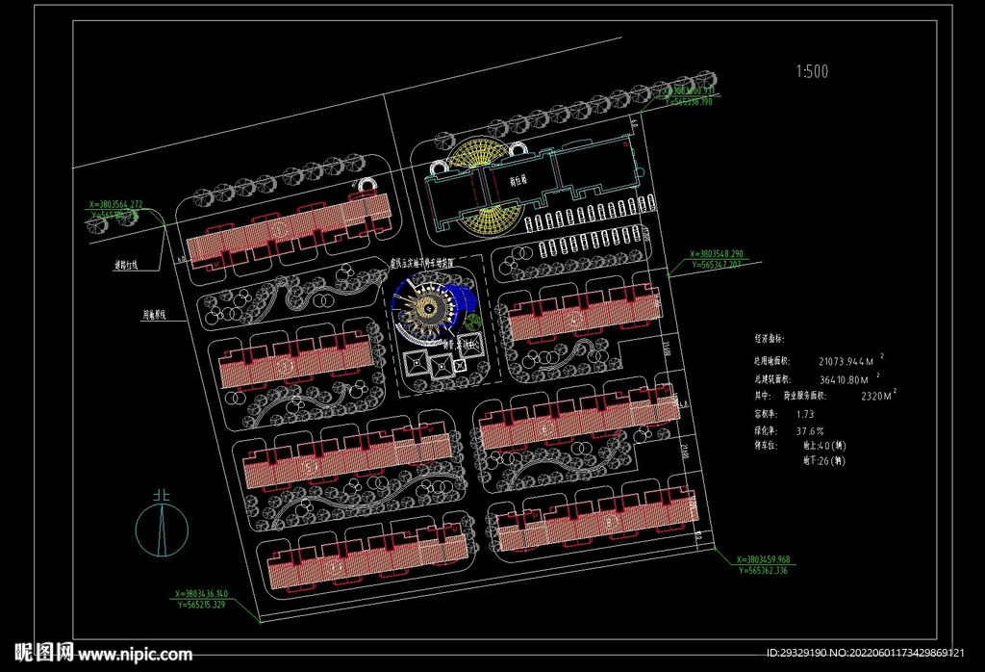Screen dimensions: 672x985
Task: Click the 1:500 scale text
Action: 812,71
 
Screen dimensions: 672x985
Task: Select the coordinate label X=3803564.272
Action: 114,205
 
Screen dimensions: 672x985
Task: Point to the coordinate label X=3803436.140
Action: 199,593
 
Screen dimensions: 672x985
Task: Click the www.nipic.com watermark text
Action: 134,655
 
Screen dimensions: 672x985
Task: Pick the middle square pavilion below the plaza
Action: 441,365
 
